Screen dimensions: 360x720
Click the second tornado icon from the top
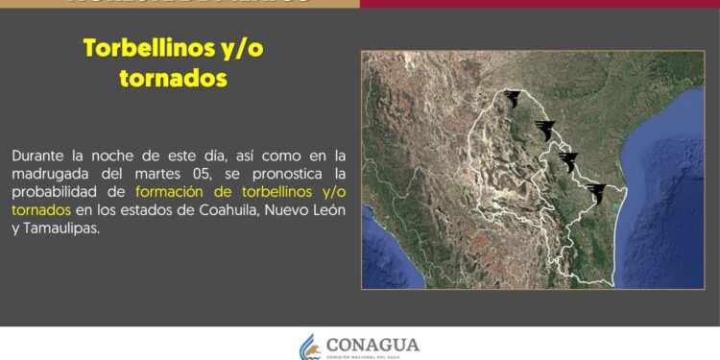[x=546, y=130]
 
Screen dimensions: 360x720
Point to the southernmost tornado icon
[x=597, y=193]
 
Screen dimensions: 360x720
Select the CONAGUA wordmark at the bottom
[x=372, y=344]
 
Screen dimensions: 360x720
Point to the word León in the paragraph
[x=324, y=210]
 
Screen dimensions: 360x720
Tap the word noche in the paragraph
[x=115, y=156]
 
